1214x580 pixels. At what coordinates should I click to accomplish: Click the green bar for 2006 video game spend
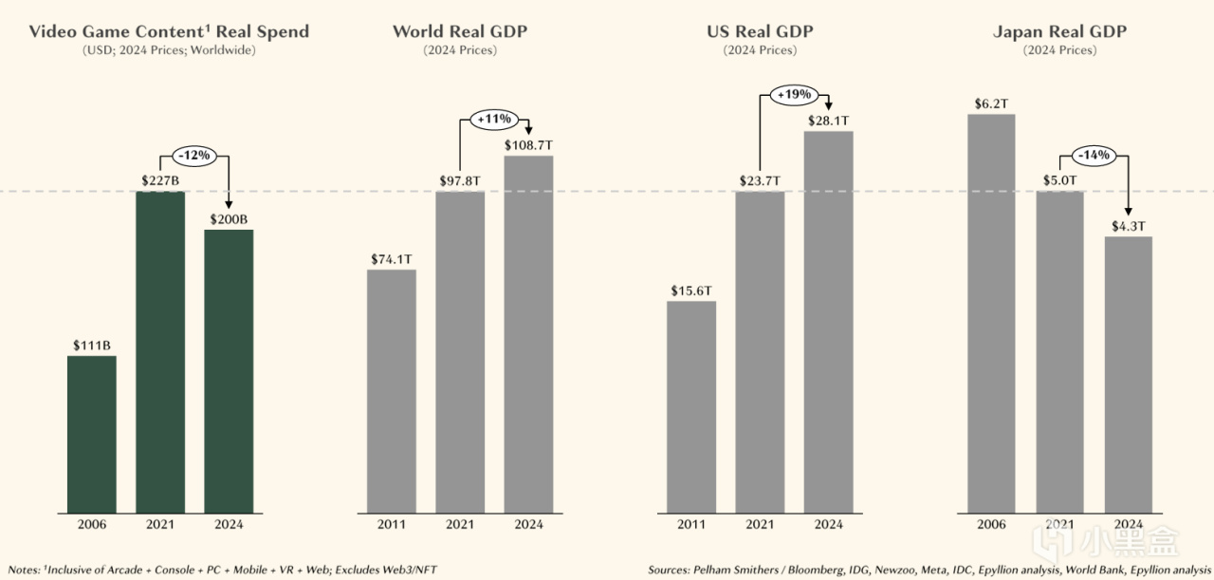pos(91,434)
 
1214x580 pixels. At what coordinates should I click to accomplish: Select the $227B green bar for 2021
pos(160,351)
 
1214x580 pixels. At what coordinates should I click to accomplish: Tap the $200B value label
pos(229,219)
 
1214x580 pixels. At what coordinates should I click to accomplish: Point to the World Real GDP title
pos(460,32)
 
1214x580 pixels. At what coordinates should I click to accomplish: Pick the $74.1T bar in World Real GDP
pos(391,390)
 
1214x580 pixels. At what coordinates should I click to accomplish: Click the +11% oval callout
pos(494,120)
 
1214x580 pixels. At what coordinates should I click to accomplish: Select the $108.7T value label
pos(528,145)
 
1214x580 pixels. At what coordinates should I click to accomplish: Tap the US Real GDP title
pos(760,32)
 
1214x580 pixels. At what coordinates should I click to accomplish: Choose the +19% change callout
pos(794,95)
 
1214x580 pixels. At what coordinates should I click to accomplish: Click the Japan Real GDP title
pos(1059,32)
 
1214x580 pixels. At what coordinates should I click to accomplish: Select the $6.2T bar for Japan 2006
pos(991,313)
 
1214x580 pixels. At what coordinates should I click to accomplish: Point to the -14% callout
pos(1094,155)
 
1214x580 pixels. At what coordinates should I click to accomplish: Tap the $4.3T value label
pos(1129,227)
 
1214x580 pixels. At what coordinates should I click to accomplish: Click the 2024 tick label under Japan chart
pos(1129,524)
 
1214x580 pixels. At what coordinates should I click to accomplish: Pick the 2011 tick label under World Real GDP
pos(391,524)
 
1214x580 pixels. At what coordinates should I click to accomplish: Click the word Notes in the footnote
pos(24,570)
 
